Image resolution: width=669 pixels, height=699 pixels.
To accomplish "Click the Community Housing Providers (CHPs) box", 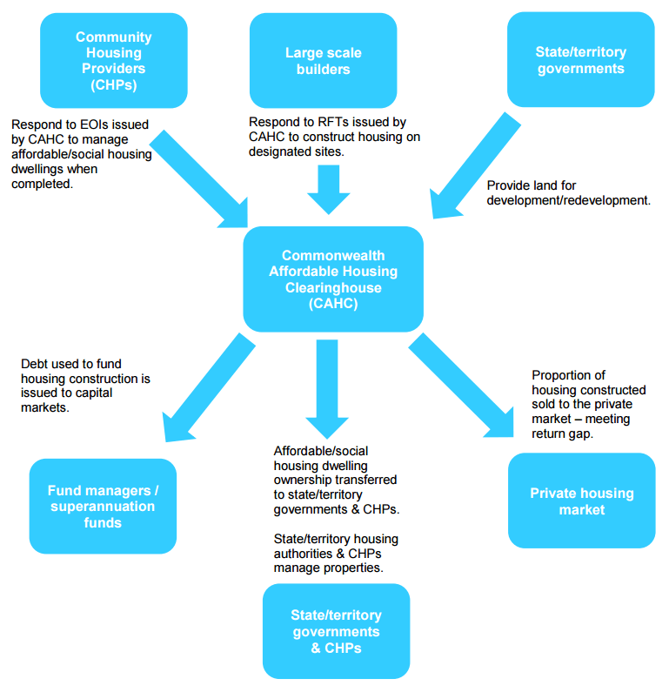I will pyautogui.click(x=113, y=60).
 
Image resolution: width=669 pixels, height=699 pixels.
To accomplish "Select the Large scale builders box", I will pyautogui.click(x=323, y=60).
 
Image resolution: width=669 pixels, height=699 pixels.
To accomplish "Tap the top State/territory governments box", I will pyautogui.click(x=580, y=60).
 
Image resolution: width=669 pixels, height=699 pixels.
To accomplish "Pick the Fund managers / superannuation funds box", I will pyautogui.click(x=103, y=507).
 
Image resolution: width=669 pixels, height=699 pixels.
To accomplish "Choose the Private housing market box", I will pyautogui.click(x=581, y=501).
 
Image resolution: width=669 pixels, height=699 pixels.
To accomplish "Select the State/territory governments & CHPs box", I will pyautogui.click(x=336, y=631).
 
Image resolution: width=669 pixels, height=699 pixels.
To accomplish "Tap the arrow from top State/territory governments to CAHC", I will pyautogui.click(x=470, y=165).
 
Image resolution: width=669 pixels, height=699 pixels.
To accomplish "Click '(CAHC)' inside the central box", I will pyautogui.click(x=333, y=305).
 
